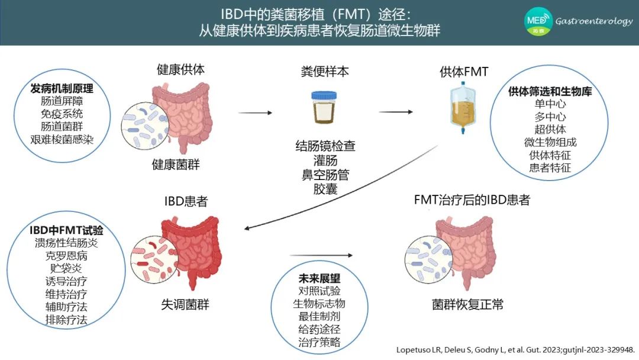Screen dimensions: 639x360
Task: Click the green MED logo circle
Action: point(538,21)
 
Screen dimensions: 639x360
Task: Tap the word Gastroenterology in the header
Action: point(594,21)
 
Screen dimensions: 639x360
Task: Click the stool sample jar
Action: point(324,107)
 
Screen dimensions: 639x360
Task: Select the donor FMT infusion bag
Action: point(463,107)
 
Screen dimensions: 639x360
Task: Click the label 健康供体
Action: point(180,70)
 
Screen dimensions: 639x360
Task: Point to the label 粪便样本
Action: point(325,72)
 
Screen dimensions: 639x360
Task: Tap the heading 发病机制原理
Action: point(62,88)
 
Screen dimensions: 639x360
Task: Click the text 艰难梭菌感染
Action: point(62,139)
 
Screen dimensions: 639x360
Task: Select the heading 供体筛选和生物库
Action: point(550,91)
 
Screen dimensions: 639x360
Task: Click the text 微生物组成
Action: point(550,142)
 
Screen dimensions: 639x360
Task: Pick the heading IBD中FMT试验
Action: point(66,230)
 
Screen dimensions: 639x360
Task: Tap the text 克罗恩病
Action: point(66,256)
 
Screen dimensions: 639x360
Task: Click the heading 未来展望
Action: point(319,278)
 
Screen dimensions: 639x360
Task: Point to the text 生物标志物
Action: point(319,304)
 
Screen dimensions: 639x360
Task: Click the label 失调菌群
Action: point(185,304)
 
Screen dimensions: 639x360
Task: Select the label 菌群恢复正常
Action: point(467,304)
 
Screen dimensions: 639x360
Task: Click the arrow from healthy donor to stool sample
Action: point(255,112)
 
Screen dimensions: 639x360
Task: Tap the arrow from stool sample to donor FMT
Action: point(396,112)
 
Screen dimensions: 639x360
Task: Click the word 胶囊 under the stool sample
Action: point(325,189)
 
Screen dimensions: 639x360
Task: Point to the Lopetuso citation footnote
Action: point(515,350)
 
